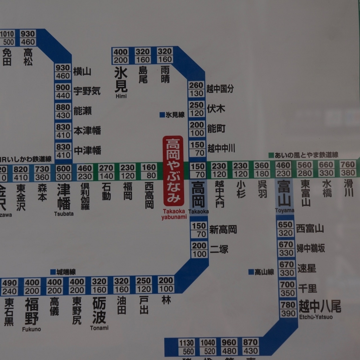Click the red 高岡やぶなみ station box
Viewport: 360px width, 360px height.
click(x=173, y=171)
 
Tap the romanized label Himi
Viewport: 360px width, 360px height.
click(x=121, y=96)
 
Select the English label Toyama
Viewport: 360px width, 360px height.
click(x=284, y=211)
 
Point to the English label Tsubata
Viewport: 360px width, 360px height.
click(x=64, y=213)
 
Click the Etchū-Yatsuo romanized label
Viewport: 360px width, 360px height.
click(x=316, y=317)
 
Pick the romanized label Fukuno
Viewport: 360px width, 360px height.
click(x=31, y=329)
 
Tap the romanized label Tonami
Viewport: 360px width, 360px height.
click(x=99, y=328)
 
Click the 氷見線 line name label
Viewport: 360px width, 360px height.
click(x=172, y=115)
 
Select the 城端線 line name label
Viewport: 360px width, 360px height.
click(x=63, y=272)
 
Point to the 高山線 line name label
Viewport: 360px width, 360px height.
click(x=261, y=272)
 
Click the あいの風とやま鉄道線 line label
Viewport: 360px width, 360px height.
click(x=303, y=155)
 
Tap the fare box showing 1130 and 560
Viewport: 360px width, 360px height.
click(x=186, y=347)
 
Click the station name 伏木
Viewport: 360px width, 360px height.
click(x=216, y=108)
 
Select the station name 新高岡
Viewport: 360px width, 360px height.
click(x=223, y=230)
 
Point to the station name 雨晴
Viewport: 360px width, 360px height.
click(x=165, y=74)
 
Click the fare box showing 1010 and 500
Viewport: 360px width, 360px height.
click(x=7, y=38)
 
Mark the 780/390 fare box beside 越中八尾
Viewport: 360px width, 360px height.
click(x=288, y=309)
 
